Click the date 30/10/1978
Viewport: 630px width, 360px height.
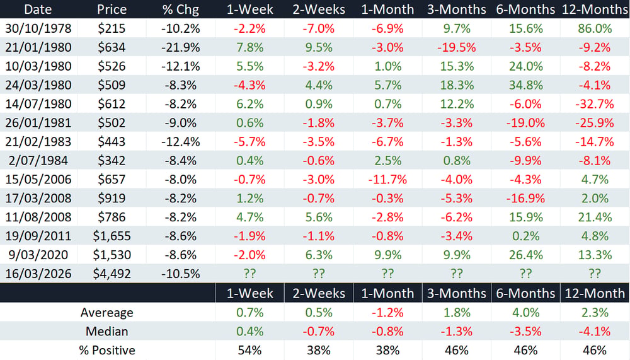click(38, 28)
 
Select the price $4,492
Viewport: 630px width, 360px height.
click(112, 274)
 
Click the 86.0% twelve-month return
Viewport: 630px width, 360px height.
click(595, 28)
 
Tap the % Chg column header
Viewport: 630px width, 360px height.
click(180, 9)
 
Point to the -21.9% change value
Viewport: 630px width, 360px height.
click(180, 47)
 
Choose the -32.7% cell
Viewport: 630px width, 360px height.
click(595, 104)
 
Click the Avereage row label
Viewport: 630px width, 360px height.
click(107, 313)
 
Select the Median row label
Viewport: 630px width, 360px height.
click(107, 332)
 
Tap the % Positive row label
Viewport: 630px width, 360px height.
click(107, 351)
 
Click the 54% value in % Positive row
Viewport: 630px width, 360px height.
click(249, 351)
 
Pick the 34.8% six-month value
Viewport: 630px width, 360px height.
click(525, 85)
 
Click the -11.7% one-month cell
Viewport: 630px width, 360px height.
click(387, 180)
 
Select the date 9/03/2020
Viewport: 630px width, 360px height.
click(38, 255)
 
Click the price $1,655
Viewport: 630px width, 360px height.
click(112, 236)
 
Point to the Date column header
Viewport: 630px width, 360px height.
click(38, 9)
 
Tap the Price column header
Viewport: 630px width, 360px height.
click(112, 9)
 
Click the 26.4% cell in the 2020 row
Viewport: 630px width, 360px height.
click(525, 255)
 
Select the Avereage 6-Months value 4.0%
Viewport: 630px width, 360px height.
click(525, 313)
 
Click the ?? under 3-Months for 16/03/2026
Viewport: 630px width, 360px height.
click(456, 274)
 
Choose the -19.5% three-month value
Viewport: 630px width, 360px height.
click(456, 47)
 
